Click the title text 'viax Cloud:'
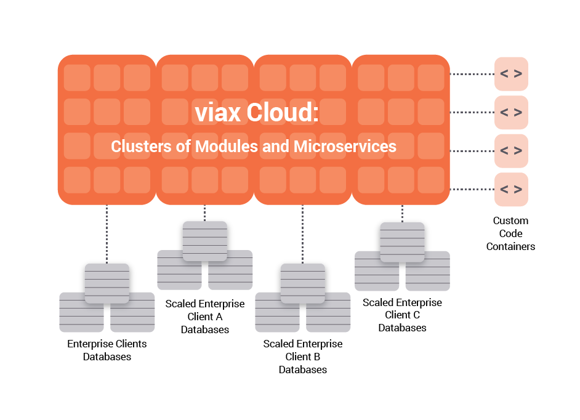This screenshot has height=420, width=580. [256, 113]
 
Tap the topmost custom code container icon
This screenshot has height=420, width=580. [511, 74]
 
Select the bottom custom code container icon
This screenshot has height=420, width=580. [511, 189]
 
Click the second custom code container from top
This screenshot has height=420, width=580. [511, 112]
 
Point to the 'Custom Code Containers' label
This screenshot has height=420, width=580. [510, 233]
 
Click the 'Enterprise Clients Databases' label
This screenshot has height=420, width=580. [107, 350]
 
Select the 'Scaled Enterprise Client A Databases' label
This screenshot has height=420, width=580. [205, 317]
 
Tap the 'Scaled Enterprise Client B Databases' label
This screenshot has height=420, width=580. [303, 357]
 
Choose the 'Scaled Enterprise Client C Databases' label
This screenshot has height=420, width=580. [402, 315]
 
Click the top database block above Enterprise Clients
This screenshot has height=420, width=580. [107, 282]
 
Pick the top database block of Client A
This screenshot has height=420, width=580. [205, 240]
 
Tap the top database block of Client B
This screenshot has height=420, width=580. [303, 282]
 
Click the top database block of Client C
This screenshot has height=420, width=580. [402, 241]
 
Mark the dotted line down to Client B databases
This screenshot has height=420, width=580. [303, 233]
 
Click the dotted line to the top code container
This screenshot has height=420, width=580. [471, 74]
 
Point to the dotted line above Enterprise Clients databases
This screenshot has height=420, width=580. [107, 233]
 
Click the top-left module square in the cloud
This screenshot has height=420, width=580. [77, 78]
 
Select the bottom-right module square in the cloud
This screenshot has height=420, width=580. [430, 179]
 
